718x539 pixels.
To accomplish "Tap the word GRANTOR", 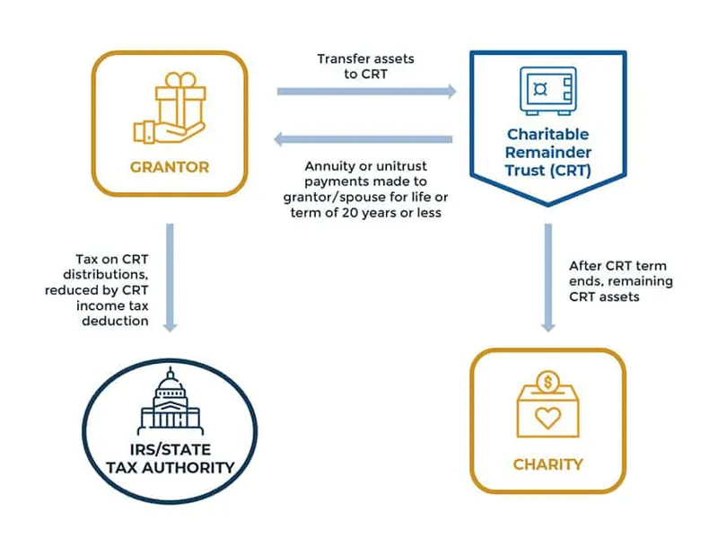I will click(169, 166).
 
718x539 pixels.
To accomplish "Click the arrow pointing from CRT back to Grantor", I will click(363, 139).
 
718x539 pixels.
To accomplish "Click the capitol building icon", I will click(170, 402).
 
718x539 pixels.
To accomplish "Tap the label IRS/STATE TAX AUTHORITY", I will click(170, 459).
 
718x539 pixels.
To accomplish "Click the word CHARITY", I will click(547, 464).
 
